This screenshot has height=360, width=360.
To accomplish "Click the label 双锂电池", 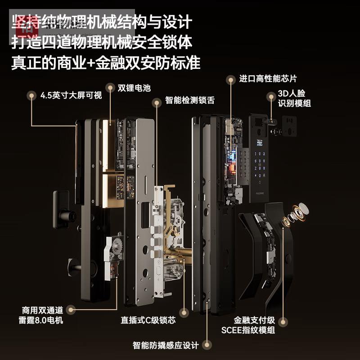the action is (134, 88).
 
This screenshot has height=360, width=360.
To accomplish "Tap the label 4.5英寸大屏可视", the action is (71, 95).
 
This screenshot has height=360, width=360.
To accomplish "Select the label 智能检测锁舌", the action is (190, 100).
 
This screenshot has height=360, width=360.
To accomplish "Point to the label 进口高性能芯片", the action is (268, 79).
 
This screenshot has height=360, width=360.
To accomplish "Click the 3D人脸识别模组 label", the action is (294, 98).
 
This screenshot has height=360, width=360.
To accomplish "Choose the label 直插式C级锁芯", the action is (148, 320).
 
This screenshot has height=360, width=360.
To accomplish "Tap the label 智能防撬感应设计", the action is (166, 345).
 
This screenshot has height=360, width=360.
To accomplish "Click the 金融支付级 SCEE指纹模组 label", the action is (248, 325).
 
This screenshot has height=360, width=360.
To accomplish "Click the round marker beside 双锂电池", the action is (110, 88).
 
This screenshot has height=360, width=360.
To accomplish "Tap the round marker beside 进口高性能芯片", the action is (231, 80).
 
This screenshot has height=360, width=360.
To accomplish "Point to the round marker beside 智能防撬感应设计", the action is (207, 345).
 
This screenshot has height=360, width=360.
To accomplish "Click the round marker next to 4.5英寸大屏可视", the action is (31, 95).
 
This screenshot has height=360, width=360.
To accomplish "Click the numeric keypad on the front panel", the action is (260, 165).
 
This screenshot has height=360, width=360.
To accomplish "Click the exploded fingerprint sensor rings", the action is (295, 213).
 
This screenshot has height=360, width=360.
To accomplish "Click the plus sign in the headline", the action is (90, 63).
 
